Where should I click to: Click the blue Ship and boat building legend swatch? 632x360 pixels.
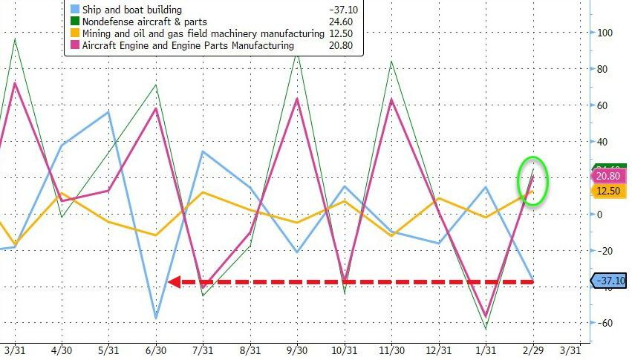pos(76,10)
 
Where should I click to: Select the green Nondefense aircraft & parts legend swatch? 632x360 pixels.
pos(76,22)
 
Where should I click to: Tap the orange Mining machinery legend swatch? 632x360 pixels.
pos(76,33)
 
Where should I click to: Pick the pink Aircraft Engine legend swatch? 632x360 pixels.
pos(76,45)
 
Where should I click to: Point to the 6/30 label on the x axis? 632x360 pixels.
pos(156,350)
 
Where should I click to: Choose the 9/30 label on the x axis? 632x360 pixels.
pos(297,350)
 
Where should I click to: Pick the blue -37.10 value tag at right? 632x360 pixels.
pos(609,280)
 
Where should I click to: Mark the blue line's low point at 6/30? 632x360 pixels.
pos(156,318)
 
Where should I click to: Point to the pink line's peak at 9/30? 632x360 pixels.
pos(297,98)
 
